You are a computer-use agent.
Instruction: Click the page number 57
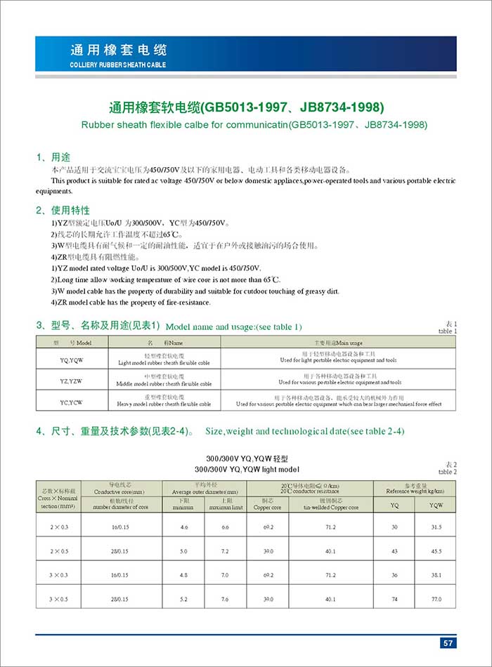447,643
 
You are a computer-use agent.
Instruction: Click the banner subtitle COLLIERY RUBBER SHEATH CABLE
118,65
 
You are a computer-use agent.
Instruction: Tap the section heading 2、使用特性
63,210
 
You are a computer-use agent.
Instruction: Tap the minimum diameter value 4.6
183,526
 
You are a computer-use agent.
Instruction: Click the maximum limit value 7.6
226,599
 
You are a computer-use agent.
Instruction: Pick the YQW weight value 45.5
436,550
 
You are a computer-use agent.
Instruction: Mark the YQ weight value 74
394,599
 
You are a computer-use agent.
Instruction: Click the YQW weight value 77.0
436,599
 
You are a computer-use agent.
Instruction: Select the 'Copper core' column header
267,506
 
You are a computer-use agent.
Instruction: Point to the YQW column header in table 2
436,504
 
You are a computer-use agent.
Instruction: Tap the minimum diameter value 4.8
183,575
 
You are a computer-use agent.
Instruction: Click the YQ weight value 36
394,575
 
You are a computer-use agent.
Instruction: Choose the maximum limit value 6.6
226,526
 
